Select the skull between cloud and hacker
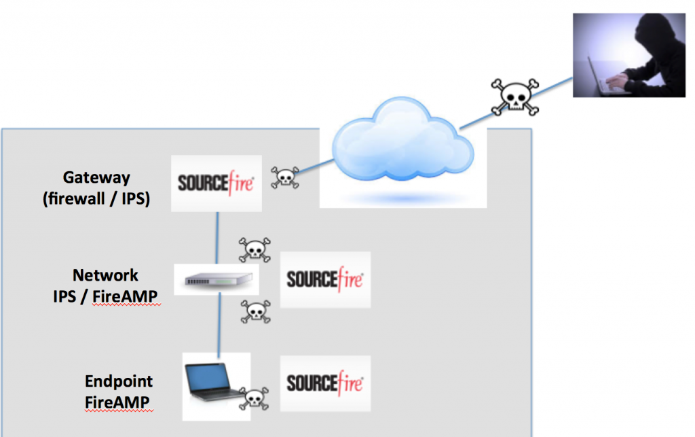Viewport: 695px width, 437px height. click(x=514, y=97)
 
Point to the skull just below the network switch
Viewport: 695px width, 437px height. click(x=256, y=311)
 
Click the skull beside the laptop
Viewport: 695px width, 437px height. click(x=252, y=398)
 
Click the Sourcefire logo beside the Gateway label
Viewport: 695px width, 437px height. click(x=216, y=183)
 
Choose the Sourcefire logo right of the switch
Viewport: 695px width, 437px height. click(x=325, y=279)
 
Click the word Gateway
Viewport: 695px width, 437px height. click(x=96, y=177)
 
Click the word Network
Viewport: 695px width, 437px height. click(x=105, y=275)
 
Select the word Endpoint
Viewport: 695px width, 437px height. click(x=119, y=381)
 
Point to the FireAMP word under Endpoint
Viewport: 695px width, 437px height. click(x=117, y=402)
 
